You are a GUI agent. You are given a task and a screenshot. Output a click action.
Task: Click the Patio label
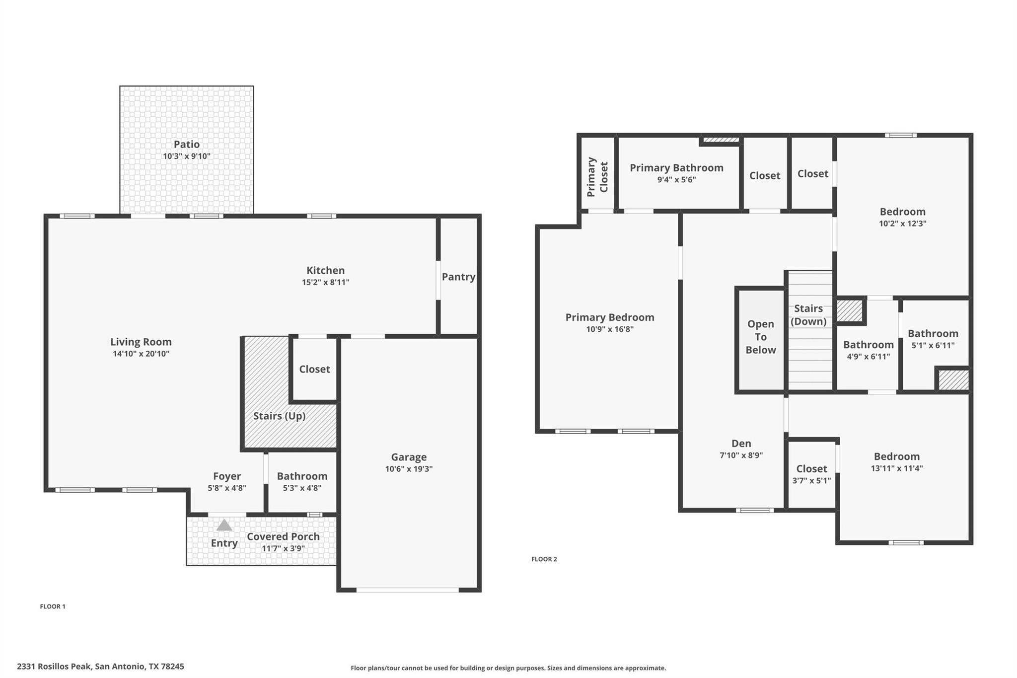(187, 145)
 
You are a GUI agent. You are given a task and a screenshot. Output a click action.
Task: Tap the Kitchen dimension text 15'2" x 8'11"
(326, 283)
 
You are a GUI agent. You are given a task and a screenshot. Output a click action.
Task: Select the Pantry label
(458, 277)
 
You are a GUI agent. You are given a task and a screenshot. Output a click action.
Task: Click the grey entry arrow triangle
(224, 526)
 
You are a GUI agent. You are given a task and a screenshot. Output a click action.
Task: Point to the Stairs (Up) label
(279, 416)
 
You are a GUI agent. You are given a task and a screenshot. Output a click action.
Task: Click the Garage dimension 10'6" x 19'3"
(409, 469)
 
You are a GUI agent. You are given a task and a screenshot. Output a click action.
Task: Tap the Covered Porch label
(283, 537)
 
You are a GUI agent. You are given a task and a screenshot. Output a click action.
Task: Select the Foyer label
(227, 477)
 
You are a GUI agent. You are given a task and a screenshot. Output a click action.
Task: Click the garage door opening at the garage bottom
(408, 590)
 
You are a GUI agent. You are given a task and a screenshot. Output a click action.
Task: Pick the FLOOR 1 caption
(53, 606)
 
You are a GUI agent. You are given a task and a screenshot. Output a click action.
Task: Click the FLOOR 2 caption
(544, 559)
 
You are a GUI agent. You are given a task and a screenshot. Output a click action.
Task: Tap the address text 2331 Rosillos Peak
(101, 667)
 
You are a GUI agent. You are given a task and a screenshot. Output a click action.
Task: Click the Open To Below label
(760, 337)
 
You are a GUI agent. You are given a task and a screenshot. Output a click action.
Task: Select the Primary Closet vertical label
(597, 177)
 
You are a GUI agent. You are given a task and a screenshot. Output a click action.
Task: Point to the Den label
(741, 444)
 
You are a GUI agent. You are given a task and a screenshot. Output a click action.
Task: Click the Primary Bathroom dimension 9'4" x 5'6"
(676, 180)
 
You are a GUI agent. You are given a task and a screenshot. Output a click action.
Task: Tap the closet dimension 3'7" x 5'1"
(811, 481)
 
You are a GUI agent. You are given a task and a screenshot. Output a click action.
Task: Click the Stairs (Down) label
(808, 315)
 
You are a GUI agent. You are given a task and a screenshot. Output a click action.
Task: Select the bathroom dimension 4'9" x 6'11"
(868, 357)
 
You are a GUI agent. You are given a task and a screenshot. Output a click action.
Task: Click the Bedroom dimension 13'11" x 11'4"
(897, 468)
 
